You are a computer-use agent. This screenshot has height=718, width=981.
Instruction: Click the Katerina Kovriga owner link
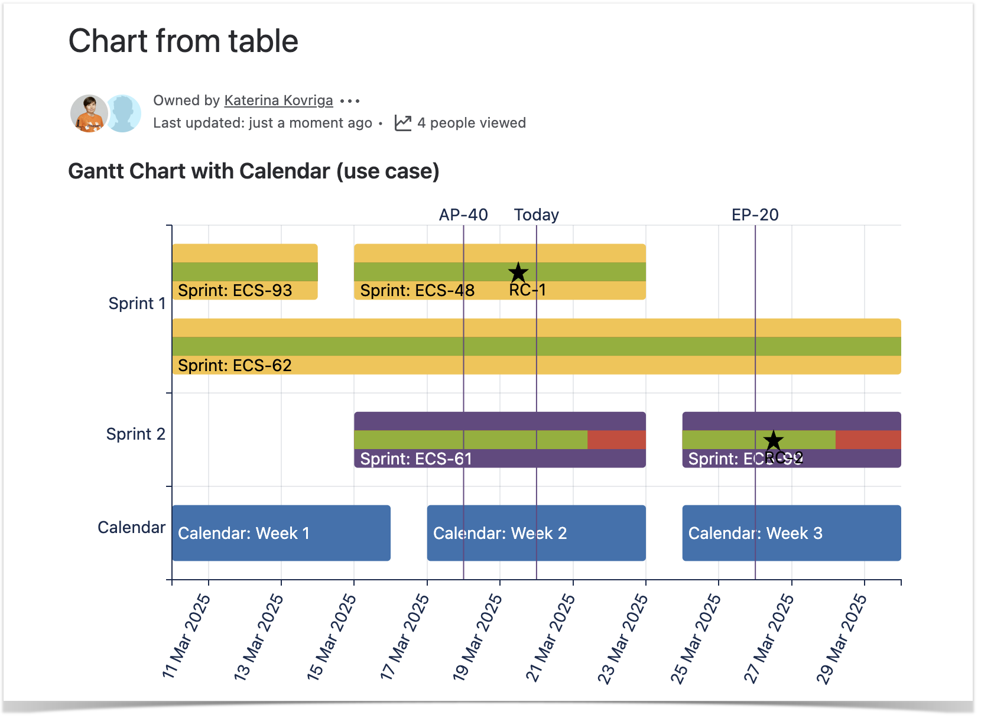point(278,100)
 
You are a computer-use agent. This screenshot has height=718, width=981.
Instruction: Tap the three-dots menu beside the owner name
point(350,101)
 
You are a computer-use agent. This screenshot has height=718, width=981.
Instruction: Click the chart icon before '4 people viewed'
point(403,123)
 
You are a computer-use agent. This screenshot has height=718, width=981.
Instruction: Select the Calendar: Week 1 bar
point(281,533)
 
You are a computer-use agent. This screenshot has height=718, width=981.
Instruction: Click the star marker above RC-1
point(518,272)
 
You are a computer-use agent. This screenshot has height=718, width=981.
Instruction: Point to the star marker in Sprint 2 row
point(773,440)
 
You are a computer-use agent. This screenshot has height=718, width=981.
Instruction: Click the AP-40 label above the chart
point(463,215)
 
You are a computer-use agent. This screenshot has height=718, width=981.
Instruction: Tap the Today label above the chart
point(536,215)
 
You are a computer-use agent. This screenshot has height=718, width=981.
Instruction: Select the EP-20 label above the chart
point(755,215)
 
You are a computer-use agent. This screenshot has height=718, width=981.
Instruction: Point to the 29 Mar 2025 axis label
point(842,638)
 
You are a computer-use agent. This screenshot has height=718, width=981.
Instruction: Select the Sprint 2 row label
point(135,434)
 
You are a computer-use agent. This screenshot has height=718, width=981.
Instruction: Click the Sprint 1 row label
point(137,303)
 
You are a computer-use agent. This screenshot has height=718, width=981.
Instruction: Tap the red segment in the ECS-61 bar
point(616,440)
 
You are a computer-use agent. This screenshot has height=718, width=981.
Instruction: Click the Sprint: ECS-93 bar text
point(235,290)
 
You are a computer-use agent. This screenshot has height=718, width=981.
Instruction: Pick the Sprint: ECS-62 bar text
point(235,365)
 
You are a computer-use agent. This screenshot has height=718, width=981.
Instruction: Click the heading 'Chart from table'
point(183,41)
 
